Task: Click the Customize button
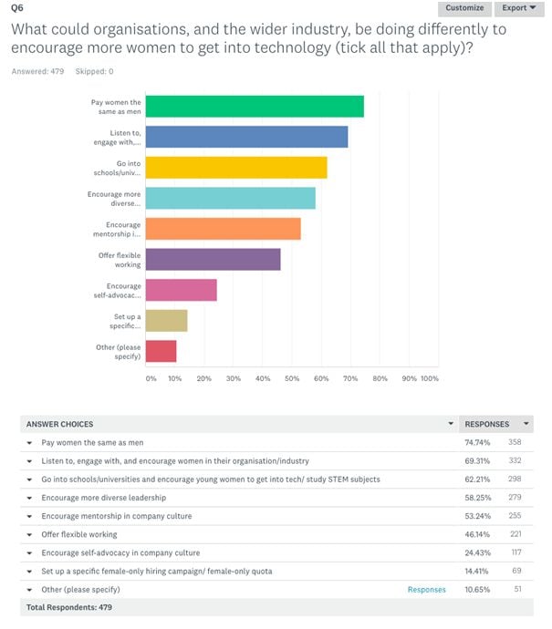click(x=465, y=8)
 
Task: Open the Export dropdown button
click(x=519, y=8)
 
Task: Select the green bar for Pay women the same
click(x=255, y=106)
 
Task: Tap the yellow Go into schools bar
click(x=236, y=168)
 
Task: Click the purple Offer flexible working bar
click(x=213, y=259)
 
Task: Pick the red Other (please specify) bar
click(x=161, y=351)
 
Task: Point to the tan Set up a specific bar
click(x=166, y=320)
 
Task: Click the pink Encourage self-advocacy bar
click(x=181, y=290)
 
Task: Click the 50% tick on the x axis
click(x=291, y=378)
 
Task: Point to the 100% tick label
click(x=430, y=378)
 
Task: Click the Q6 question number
click(x=16, y=7)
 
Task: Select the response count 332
click(x=516, y=460)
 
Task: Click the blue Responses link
click(x=426, y=590)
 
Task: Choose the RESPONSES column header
click(x=487, y=424)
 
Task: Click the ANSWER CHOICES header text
click(x=59, y=424)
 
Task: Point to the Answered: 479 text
click(x=37, y=70)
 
